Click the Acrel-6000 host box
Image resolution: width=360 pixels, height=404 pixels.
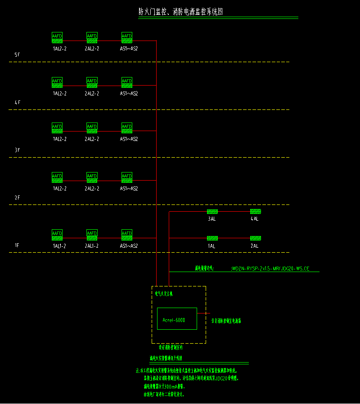click(x=177, y=320)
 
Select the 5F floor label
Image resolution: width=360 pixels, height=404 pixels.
click(x=17, y=55)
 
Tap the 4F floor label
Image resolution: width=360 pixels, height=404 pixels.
click(x=17, y=103)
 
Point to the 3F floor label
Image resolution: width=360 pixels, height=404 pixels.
click(x=17, y=150)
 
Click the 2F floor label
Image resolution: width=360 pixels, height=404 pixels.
click(x=17, y=198)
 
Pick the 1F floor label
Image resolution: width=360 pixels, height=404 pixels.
click(x=17, y=245)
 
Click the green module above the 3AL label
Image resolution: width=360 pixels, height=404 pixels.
click(x=212, y=211)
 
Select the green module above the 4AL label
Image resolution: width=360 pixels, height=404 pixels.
click(x=255, y=211)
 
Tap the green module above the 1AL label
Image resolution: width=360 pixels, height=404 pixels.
click(x=212, y=238)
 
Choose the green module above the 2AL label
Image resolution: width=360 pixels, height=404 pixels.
click(x=255, y=238)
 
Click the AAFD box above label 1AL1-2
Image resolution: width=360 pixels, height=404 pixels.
click(x=57, y=235)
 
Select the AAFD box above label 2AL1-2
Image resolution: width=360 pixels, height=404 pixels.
click(x=92, y=235)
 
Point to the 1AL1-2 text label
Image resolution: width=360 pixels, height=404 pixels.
click(x=59, y=246)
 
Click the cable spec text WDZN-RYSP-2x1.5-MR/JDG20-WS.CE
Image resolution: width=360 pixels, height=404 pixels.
click(x=270, y=268)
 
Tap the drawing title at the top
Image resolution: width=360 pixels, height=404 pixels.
click(x=180, y=12)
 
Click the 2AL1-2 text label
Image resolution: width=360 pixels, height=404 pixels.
click(x=92, y=246)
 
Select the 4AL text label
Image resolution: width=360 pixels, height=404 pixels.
click(x=255, y=219)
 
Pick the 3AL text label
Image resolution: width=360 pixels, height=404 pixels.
click(x=211, y=219)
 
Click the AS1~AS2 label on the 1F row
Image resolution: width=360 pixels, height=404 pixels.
click(x=129, y=246)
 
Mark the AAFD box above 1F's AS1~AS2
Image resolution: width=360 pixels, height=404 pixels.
click(x=126, y=235)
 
